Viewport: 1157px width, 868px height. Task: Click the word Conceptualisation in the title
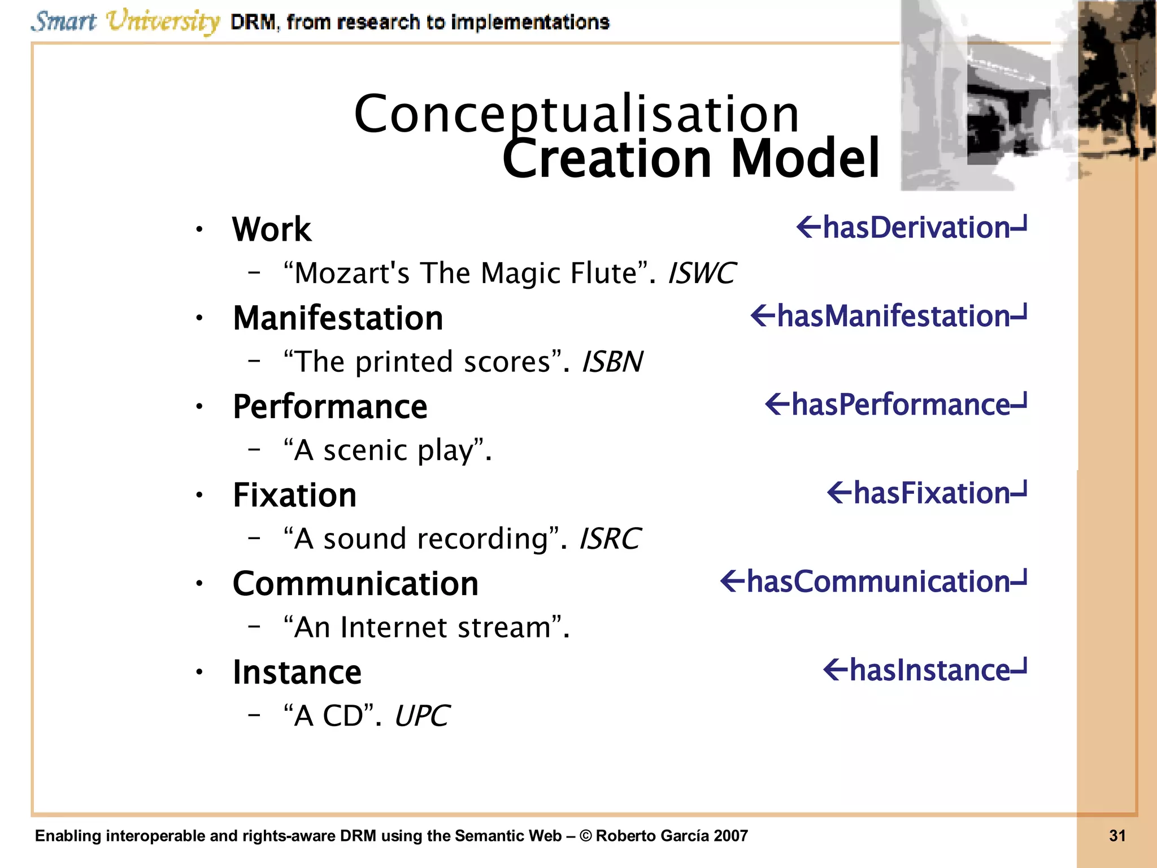pyautogui.click(x=576, y=115)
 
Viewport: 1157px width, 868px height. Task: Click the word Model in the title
pyautogui.click(x=804, y=159)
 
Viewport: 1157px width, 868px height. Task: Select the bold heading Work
pyautogui.click(x=271, y=229)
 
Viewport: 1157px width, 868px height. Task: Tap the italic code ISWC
pyautogui.click(x=701, y=274)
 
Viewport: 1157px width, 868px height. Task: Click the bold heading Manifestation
pyautogui.click(x=338, y=318)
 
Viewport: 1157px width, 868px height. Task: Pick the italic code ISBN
pyautogui.click(x=612, y=362)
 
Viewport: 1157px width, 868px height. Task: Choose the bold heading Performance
pyautogui.click(x=330, y=407)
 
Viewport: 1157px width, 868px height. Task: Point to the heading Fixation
pyautogui.click(x=294, y=496)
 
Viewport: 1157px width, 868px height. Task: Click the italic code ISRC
pyautogui.click(x=610, y=539)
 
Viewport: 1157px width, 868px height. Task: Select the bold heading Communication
pyautogui.click(x=355, y=584)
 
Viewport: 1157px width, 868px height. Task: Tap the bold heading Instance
pyautogui.click(x=297, y=672)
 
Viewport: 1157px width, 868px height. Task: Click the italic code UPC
pyautogui.click(x=421, y=716)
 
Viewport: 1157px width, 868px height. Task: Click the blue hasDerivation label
pyautogui.click(x=915, y=228)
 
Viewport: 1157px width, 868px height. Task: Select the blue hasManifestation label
pyautogui.click(x=893, y=316)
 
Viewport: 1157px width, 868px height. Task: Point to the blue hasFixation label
pyautogui.click(x=930, y=493)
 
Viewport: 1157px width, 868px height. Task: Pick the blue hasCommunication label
pyautogui.click(x=877, y=582)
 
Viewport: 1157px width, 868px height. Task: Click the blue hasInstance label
pyautogui.click(x=929, y=671)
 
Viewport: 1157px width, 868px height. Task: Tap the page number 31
pyautogui.click(x=1117, y=836)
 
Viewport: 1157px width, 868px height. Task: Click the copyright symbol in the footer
pyautogui.click(x=585, y=836)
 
